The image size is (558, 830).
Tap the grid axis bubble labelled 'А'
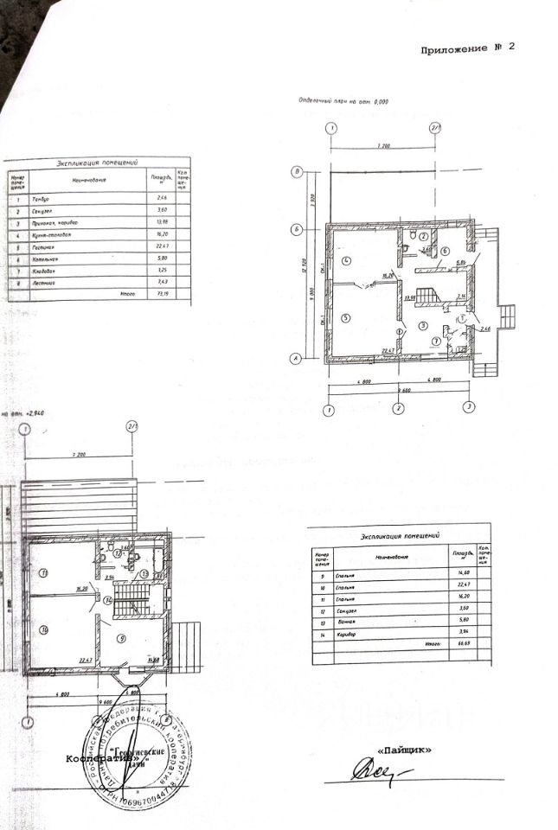click(x=298, y=358)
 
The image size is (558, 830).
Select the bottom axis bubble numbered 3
click(x=468, y=406)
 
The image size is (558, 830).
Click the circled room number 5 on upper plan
click(x=345, y=317)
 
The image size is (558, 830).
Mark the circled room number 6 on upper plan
click(x=445, y=252)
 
